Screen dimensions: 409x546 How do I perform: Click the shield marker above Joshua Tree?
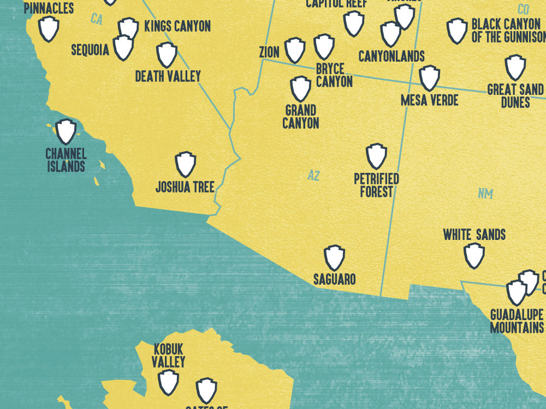186,164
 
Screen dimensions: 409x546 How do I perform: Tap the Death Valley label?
168,76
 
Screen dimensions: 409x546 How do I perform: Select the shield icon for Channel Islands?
66,131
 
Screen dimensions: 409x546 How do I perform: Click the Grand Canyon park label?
301,117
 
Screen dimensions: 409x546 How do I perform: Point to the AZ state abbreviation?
313,176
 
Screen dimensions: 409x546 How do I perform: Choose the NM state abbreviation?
485,194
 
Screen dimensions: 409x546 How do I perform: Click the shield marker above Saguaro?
334,258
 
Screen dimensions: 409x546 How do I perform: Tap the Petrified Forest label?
376,185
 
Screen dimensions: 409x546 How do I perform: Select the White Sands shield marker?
474,255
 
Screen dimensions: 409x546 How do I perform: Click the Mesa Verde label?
429,100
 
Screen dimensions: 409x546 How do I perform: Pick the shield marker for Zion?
295,50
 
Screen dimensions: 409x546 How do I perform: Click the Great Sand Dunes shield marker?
515,67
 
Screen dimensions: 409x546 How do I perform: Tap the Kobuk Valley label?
169,355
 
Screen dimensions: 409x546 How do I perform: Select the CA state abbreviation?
97,20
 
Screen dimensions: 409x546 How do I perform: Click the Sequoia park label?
90,51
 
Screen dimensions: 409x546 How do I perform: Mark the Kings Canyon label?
177,26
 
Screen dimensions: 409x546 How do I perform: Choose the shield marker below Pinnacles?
49,28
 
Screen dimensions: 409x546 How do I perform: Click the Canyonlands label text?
391,57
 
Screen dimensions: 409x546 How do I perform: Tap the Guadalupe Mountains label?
517,321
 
